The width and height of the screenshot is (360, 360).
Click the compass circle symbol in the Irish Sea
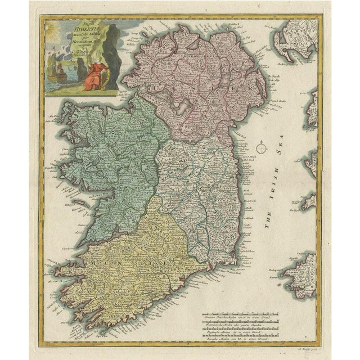click(x=261, y=148)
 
